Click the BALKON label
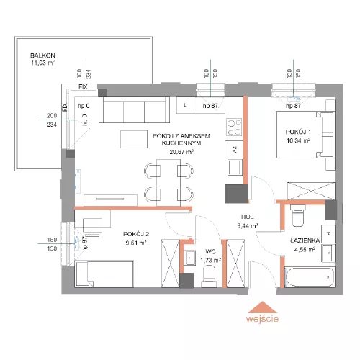pos(42,55)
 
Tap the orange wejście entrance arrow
pos(263,307)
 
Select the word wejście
pos(262,319)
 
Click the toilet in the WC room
pos(208,276)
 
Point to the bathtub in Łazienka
pos(310,277)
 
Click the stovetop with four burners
pos(234,127)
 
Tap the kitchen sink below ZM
pos(235,167)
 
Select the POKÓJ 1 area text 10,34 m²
pos(298,140)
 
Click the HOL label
pos(247,217)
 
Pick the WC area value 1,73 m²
pos(211,261)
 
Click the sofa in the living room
pos(135,110)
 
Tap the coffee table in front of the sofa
pos(134,139)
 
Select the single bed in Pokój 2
pos(104,274)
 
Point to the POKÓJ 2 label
pos(136,234)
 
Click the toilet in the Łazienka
pos(298,215)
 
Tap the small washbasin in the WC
pos(189,258)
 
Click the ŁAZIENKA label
pos(305,240)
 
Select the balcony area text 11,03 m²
pos(42,63)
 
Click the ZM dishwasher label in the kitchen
pos(235,150)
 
